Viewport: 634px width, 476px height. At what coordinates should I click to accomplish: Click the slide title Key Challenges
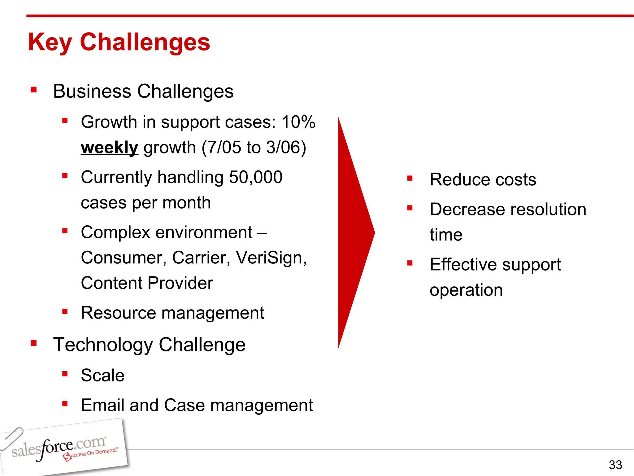pyautogui.click(x=119, y=42)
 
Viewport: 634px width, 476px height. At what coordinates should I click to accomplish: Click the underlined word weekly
pyautogui.click(x=109, y=148)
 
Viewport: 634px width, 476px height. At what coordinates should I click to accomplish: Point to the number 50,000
pyautogui.click(x=255, y=177)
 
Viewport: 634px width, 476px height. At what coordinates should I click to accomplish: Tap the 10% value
pyautogui.click(x=298, y=122)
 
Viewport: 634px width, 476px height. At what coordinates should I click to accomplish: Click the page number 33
pyautogui.click(x=615, y=465)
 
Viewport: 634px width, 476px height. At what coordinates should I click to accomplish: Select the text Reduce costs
pyautogui.click(x=483, y=180)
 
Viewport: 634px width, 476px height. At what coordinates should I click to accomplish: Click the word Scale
pyautogui.click(x=102, y=375)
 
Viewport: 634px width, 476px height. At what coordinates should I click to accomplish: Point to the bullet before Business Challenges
pyautogui.click(x=34, y=90)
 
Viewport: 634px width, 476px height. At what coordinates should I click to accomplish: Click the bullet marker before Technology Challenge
pyautogui.click(x=34, y=343)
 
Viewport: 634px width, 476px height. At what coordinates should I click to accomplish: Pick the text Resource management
pyautogui.click(x=172, y=313)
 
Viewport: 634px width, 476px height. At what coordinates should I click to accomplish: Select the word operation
pyautogui.click(x=466, y=290)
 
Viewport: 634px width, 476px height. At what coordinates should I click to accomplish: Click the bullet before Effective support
pyautogui.click(x=410, y=263)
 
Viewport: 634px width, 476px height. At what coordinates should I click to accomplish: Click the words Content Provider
pyautogui.click(x=147, y=283)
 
